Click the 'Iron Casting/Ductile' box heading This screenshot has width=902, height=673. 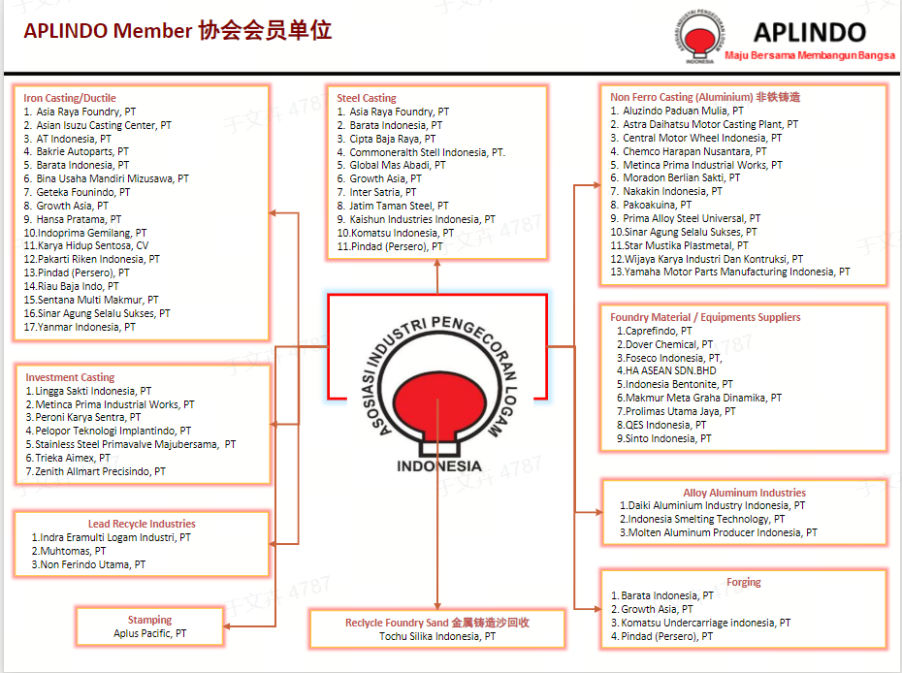(x=70, y=98)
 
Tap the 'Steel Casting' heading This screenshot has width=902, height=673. (x=367, y=98)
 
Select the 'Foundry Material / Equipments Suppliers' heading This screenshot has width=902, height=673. (x=705, y=317)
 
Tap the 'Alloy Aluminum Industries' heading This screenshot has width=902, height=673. (x=744, y=493)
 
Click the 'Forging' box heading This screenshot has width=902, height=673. (x=744, y=582)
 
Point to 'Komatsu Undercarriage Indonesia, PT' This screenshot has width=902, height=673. (x=705, y=623)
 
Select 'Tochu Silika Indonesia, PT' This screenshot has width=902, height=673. (x=437, y=636)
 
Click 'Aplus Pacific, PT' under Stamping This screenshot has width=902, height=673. (x=150, y=633)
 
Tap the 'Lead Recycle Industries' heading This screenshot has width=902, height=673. (x=142, y=524)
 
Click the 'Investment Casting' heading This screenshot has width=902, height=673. (x=70, y=377)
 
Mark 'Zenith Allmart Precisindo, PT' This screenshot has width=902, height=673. (x=100, y=471)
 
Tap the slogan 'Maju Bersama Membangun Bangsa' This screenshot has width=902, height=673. (x=810, y=55)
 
